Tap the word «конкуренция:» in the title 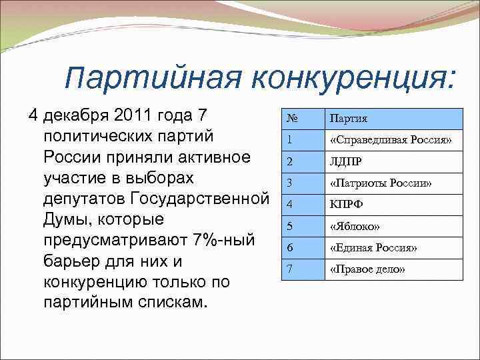pos(354,79)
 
